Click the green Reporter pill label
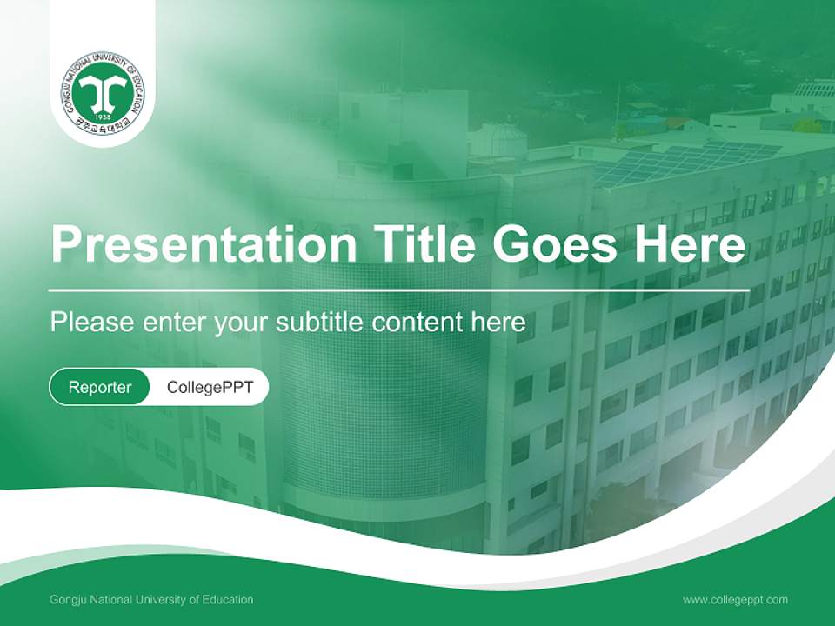click(x=100, y=387)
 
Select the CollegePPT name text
click(x=210, y=387)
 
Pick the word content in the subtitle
click(x=417, y=323)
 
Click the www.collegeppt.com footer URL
click(x=735, y=600)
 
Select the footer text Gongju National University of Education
click(x=152, y=600)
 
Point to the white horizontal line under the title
click(x=399, y=290)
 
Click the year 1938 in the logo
click(x=103, y=117)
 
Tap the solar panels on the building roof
click(x=687, y=163)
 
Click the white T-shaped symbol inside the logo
click(x=103, y=90)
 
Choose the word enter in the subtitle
click(x=173, y=323)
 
